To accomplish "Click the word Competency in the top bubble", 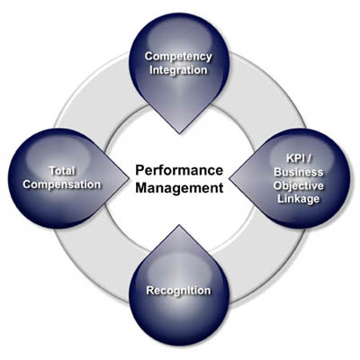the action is pyautogui.click(x=178, y=57).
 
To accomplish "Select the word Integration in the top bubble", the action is pyautogui.click(x=178, y=70).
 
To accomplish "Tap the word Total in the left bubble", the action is pyautogui.click(x=62, y=171).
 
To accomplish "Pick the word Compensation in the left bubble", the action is pyautogui.click(x=62, y=184).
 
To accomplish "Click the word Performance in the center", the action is pyautogui.click(x=179, y=170).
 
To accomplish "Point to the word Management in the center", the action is pyautogui.click(x=179, y=188).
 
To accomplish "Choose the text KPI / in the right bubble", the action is pyautogui.click(x=299, y=158).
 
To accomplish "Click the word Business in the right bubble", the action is pyautogui.click(x=299, y=172).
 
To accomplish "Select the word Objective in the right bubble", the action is pyautogui.click(x=299, y=185).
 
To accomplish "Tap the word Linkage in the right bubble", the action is pyautogui.click(x=299, y=199).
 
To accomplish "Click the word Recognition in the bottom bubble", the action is pyautogui.click(x=178, y=291).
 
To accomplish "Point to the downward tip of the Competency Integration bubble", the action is pyautogui.click(x=179, y=133).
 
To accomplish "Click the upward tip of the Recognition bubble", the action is pyautogui.click(x=179, y=226).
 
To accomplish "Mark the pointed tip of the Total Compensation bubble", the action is pyautogui.click(x=129, y=179).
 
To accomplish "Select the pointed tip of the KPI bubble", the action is pyautogui.click(x=229, y=179).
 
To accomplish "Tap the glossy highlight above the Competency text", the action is pyautogui.click(x=179, y=34).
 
